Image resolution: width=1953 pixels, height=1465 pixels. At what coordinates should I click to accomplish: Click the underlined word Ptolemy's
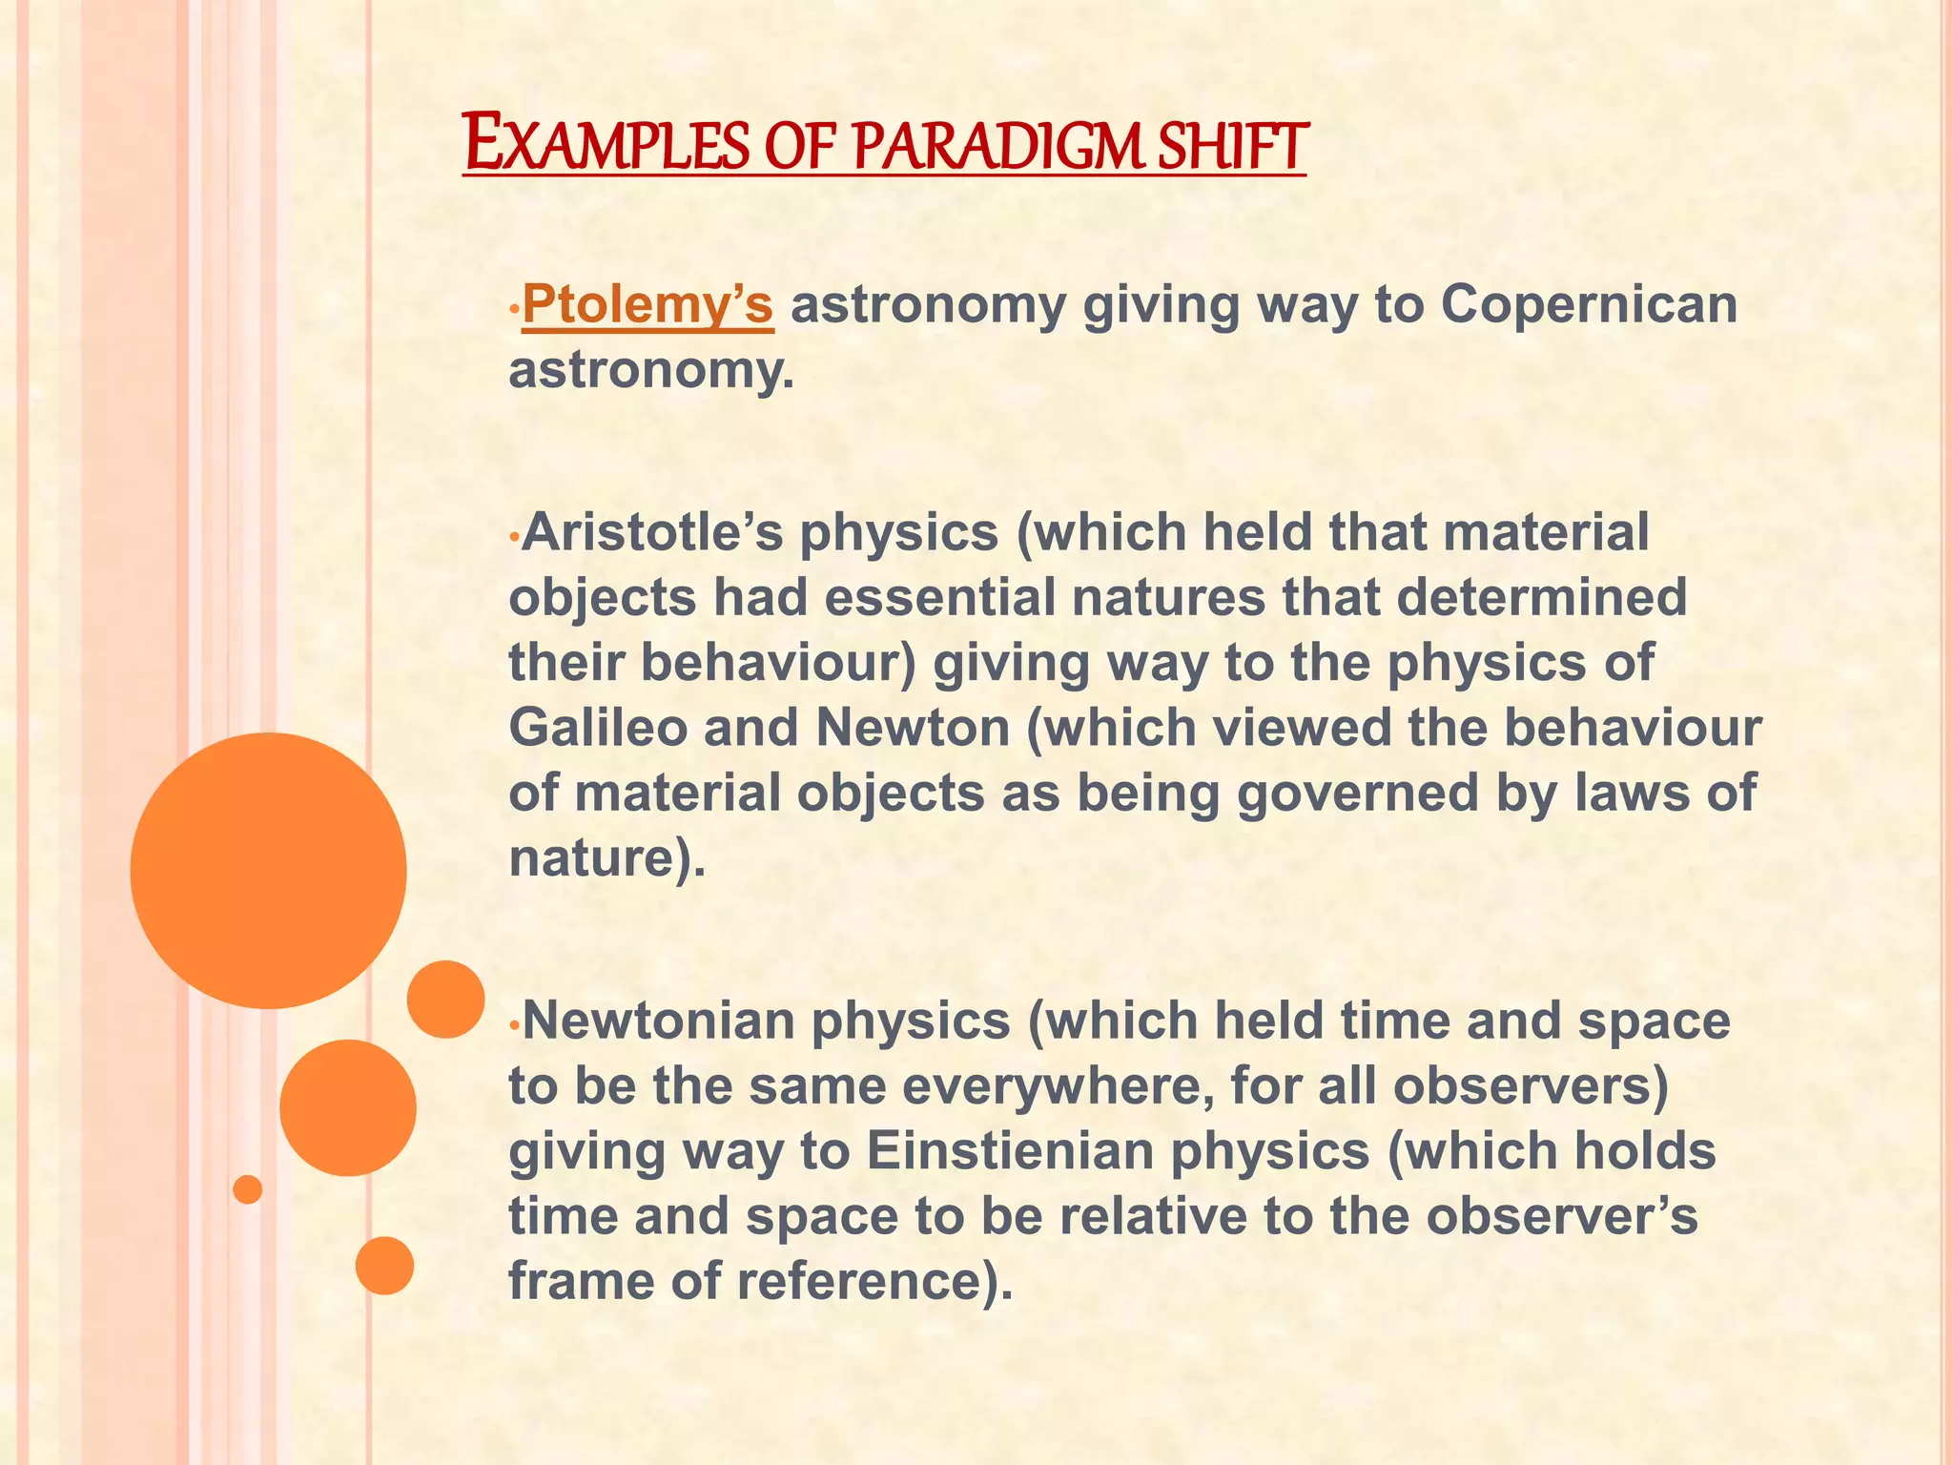coord(648,305)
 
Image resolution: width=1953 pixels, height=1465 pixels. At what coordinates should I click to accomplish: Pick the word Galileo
coord(598,728)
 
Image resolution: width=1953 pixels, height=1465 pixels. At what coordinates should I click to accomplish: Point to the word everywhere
coord(1059,1085)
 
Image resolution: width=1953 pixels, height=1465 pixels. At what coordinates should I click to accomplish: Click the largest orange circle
coord(269,870)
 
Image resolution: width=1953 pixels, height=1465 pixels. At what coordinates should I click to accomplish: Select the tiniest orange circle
coord(248,1189)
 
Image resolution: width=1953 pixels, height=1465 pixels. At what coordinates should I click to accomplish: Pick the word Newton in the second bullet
coord(914,728)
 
